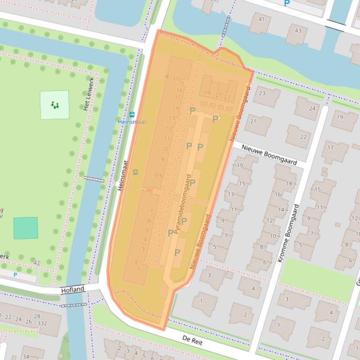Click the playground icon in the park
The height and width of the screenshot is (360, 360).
(x=55, y=105)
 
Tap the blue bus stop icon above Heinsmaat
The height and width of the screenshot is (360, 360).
(x=132, y=115)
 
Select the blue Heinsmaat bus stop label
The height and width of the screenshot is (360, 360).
(x=132, y=122)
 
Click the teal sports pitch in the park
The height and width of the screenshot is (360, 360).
(x=25, y=228)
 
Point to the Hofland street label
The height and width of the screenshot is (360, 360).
(x=73, y=290)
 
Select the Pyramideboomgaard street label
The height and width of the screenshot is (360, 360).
(x=182, y=204)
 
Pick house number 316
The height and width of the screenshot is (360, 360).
(x=158, y=176)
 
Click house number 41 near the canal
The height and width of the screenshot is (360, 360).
(x=261, y=19)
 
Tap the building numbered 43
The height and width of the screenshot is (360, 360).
(x=298, y=30)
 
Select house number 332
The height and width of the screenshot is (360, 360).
(x=42, y=323)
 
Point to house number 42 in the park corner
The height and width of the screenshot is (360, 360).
(x=37, y=263)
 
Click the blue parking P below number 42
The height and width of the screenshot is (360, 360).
(x=15, y=275)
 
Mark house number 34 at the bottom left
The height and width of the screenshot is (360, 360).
(x=26, y=357)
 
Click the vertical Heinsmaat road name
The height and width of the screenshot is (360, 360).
(x=123, y=175)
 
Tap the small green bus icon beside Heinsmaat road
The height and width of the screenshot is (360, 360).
(x=135, y=172)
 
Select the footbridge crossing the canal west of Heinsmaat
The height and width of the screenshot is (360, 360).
(x=94, y=179)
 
